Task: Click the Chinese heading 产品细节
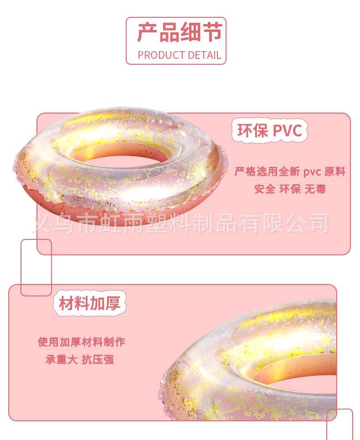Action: [179, 33]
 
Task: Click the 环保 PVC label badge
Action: [269, 130]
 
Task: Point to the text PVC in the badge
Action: [287, 131]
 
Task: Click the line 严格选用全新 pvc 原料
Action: [290, 172]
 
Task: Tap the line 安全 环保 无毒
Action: [290, 189]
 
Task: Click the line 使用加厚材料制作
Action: [81, 342]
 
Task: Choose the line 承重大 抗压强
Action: [80, 359]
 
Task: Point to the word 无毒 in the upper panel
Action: [315, 189]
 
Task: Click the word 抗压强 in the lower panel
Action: [98, 359]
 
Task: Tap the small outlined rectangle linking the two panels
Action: [36, 268]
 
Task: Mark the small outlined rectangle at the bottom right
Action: [339, 424]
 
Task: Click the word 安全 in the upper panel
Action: [265, 189]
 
